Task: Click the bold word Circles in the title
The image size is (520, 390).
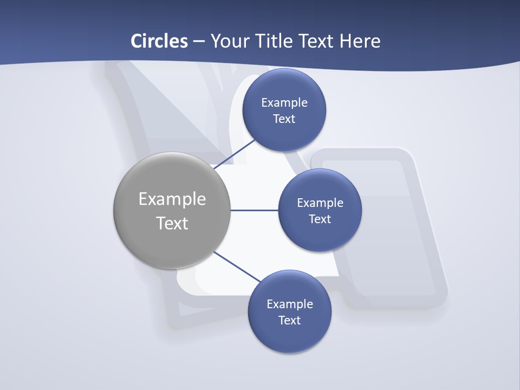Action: pos(159,41)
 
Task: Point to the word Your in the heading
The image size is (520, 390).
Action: pos(229,41)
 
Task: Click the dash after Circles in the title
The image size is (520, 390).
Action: pos(198,42)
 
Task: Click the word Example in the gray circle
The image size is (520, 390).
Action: pos(172,199)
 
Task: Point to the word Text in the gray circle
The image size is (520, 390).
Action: pos(172,223)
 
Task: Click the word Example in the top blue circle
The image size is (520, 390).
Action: pos(284,102)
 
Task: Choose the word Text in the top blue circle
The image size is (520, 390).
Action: pos(284,119)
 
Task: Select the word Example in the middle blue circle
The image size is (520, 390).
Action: pos(320,203)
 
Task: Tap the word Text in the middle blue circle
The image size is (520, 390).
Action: pos(320,219)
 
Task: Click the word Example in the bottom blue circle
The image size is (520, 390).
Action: pos(290,304)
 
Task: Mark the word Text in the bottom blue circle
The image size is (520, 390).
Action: pos(290,320)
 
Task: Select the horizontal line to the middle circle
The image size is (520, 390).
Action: pos(255,210)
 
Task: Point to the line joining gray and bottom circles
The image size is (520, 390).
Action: pos(237,266)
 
